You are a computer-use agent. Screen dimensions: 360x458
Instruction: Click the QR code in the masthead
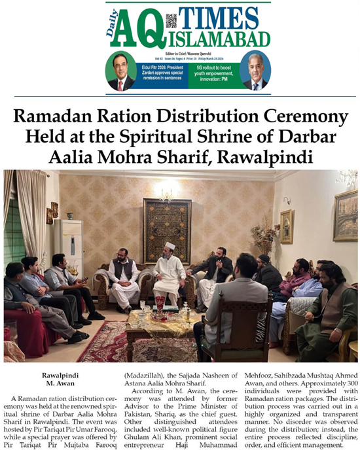pyautogui.click(x=171, y=20)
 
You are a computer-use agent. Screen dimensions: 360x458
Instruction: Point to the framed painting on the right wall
pyautogui.click(x=345, y=216)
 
